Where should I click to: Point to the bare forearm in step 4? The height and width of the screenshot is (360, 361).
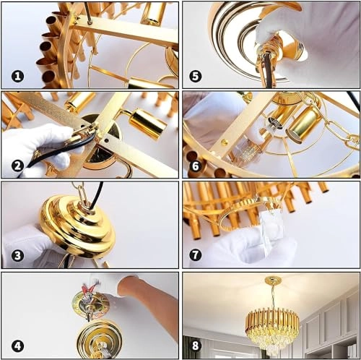(155, 304)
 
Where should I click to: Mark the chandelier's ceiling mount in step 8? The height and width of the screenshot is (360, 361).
(273, 280)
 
